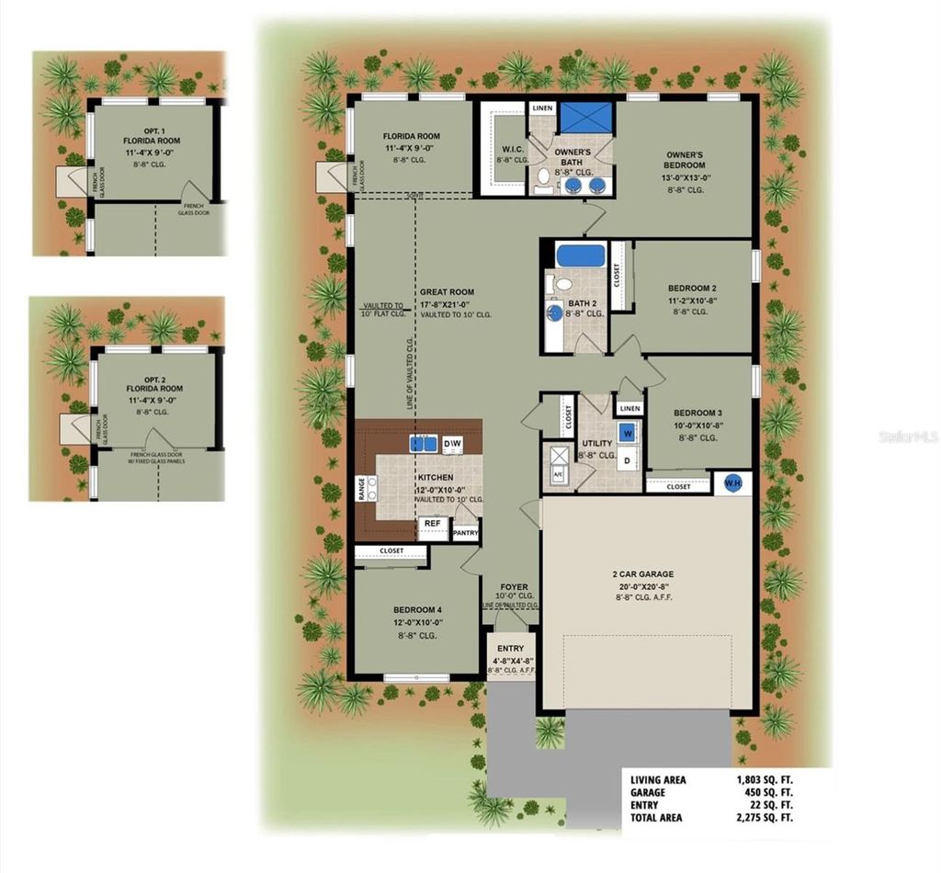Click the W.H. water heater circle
733,483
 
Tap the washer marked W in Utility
628,431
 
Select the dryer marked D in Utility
628,459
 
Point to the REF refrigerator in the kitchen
433,524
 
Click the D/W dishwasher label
452,444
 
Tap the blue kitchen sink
423,444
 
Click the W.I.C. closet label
513,152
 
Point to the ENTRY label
510,649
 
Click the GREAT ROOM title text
447,291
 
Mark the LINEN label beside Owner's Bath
543,108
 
